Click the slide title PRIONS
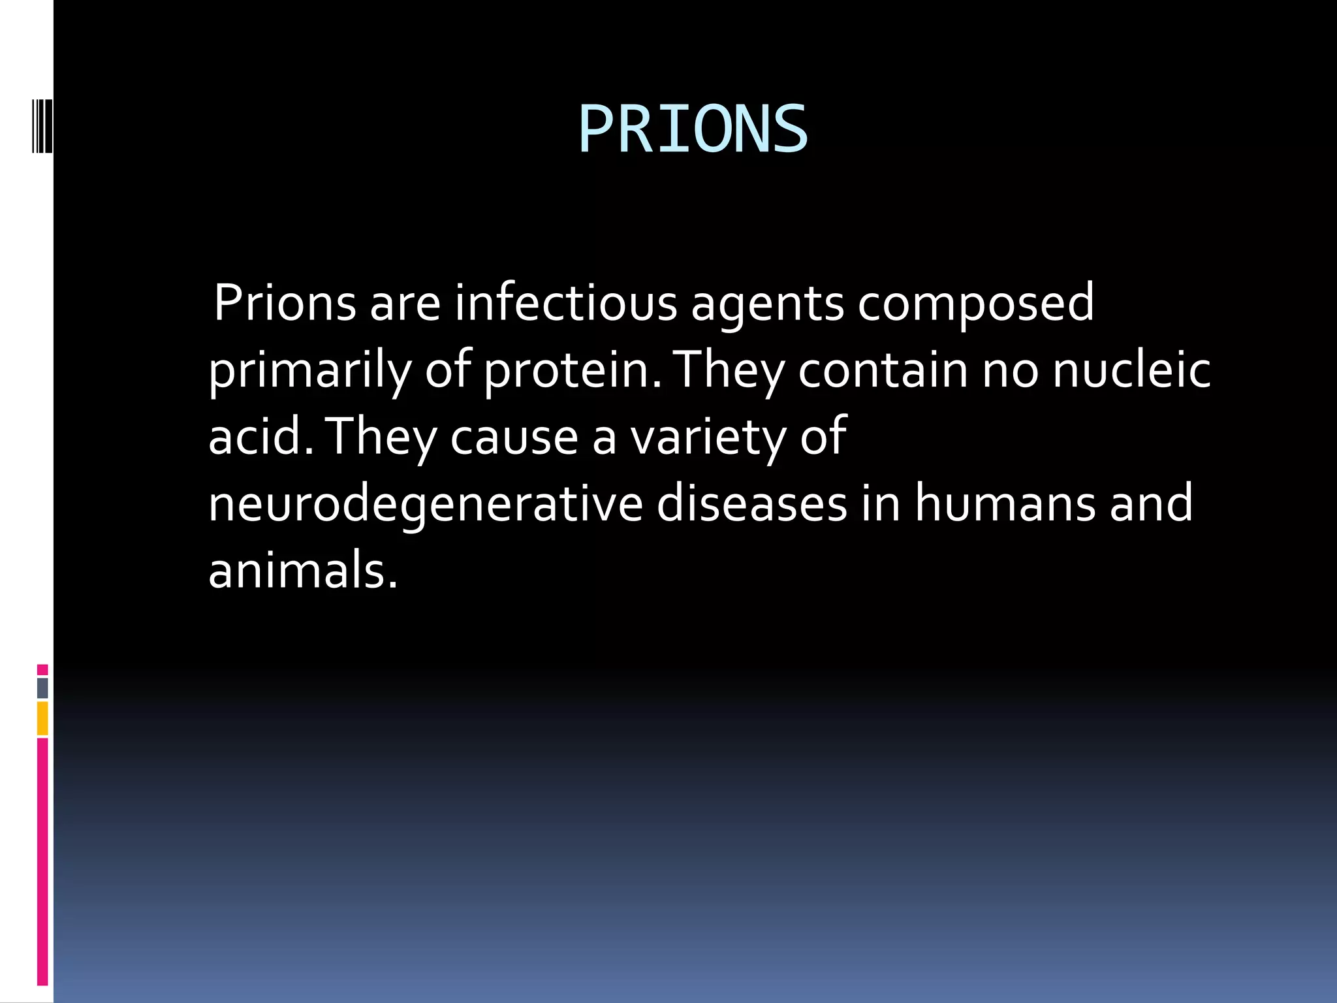tap(693, 130)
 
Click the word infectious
tap(565, 303)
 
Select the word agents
tap(767, 304)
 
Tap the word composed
tap(975, 304)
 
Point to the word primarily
tap(309, 371)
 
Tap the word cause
tap(514, 438)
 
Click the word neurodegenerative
tap(425, 504)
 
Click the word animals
tap(302, 571)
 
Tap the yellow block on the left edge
tap(42, 718)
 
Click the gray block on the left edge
tap(42, 688)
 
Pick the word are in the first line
tap(405, 304)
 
